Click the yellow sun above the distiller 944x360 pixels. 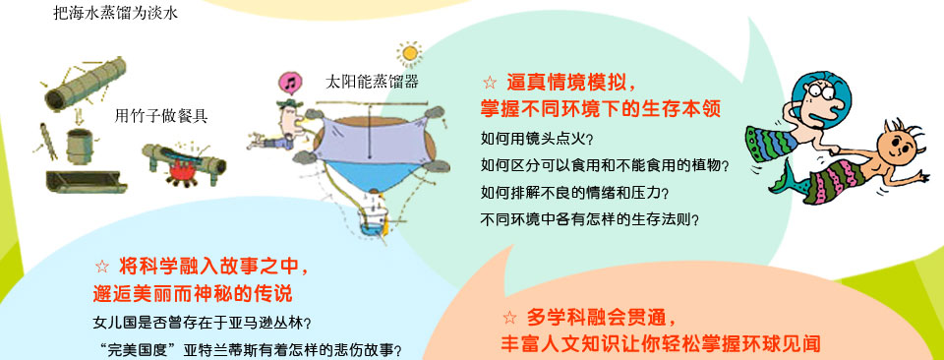[410, 52]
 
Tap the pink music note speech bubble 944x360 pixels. [290, 83]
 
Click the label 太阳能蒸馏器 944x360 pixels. [372, 83]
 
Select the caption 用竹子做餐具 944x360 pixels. [161, 116]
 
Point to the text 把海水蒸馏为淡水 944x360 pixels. [115, 13]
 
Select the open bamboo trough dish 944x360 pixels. [87, 181]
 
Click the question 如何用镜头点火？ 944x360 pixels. [538, 139]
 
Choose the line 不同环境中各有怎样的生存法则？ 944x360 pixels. [590, 219]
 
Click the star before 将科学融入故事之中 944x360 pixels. [102, 267]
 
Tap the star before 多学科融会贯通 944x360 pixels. [510, 318]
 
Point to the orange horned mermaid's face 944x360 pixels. [895, 146]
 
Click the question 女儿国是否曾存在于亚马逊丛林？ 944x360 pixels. [203, 323]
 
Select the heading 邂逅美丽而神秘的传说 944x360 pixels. [193, 294]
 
